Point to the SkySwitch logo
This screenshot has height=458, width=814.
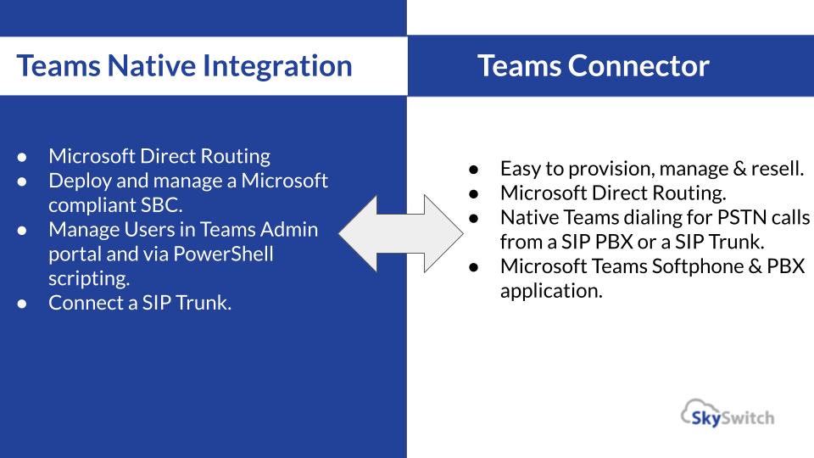(x=728, y=415)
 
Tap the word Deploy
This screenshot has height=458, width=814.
(x=81, y=181)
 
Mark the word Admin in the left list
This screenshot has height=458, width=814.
(x=289, y=229)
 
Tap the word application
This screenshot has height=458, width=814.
(x=551, y=290)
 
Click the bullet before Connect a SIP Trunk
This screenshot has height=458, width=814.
(x=25, y=303)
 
